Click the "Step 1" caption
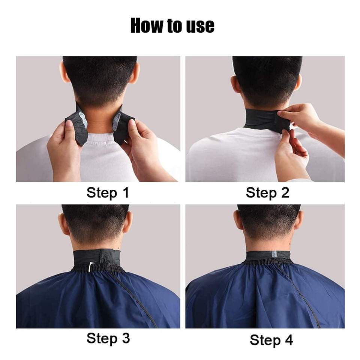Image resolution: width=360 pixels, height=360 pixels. click(x=108, y=193)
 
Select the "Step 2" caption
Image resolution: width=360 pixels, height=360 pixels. click(x=267, y=193)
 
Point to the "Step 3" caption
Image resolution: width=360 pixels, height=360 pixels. click(x=108, y=338)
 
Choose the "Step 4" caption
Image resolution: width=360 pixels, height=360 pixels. click(x=271, y=340)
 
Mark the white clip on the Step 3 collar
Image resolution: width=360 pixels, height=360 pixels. click(x=91, y=267)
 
